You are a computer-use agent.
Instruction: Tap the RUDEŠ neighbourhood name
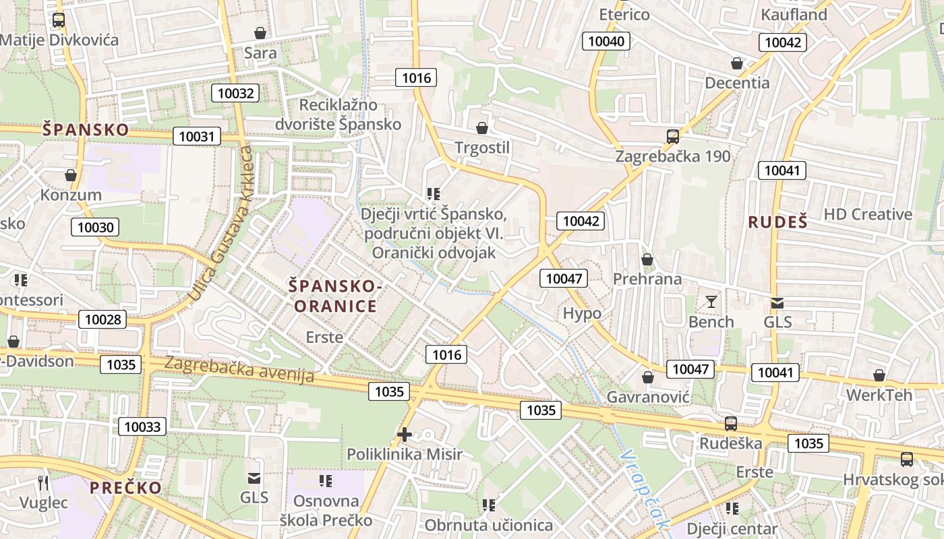[777, 222]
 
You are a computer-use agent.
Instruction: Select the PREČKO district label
[126, 488]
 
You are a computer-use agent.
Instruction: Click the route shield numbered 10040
[606, 41]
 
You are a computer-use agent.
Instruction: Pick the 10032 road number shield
[235, 93]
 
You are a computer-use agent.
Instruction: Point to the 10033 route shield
[142, 426]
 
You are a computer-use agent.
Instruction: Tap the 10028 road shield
[102, 319]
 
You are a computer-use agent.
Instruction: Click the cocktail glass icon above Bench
[711, 301]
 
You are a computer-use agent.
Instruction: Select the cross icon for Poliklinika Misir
[405, 435]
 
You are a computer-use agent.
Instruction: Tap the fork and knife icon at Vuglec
[44, 482]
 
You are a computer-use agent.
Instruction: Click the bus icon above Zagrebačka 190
[672, 137]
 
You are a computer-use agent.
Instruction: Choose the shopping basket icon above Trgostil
[481, 128]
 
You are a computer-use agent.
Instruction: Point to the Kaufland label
[794, 14]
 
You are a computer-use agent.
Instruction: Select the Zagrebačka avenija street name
[239, 370]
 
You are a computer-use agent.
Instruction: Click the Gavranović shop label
[648, 397]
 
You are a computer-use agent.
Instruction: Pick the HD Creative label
[868, 214]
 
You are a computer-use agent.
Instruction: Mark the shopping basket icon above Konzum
[71, 175]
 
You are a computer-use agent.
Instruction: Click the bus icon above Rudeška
[731, 424]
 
